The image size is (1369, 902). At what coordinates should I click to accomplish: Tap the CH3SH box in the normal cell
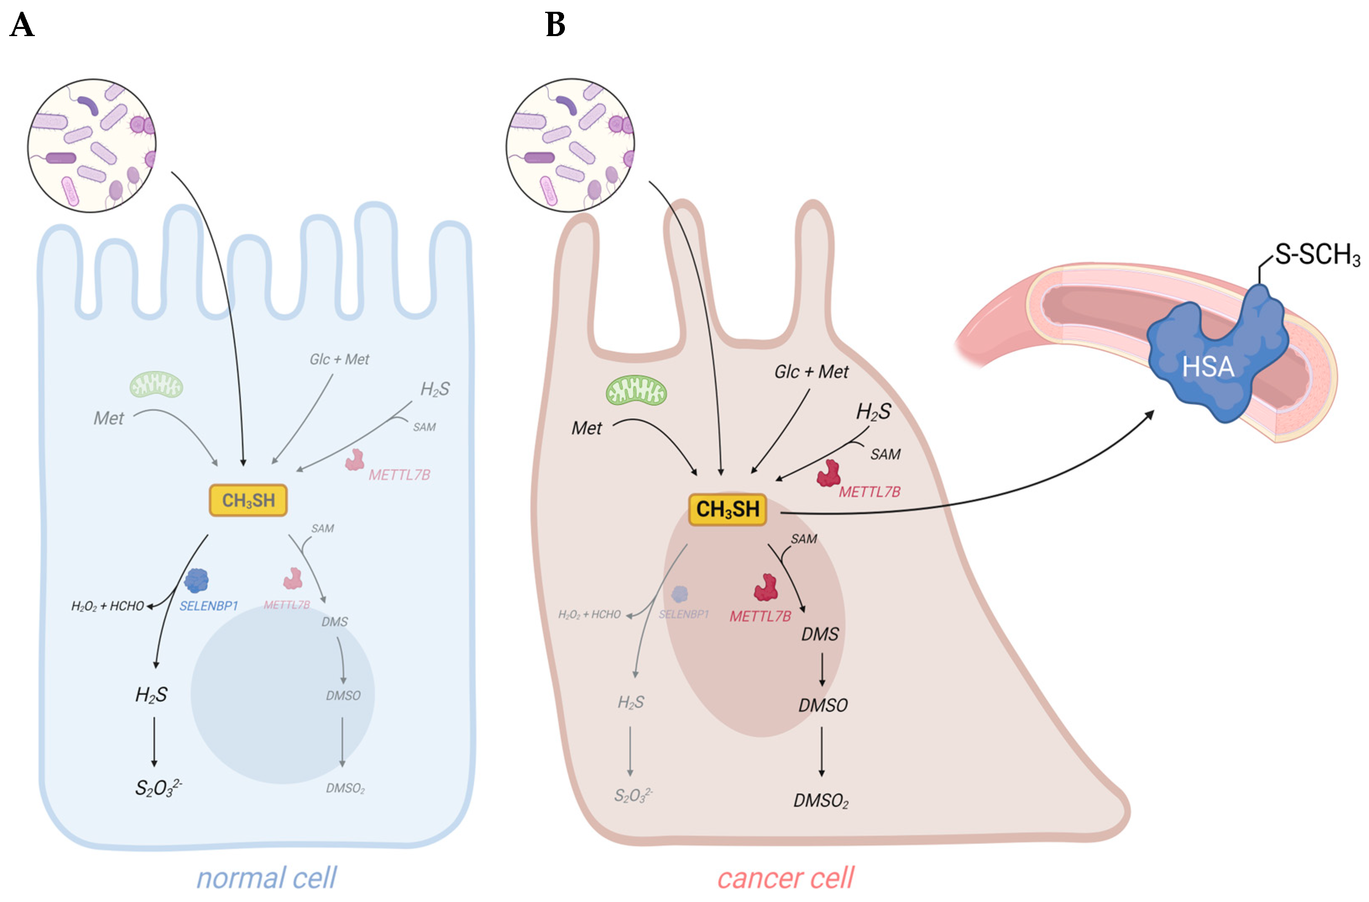pos(248,500)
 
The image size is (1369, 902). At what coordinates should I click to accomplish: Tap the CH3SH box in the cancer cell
pos(728,509)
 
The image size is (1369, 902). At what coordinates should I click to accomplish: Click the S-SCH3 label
pos(1317,254)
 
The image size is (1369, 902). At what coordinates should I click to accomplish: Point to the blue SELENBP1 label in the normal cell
pos(208,606)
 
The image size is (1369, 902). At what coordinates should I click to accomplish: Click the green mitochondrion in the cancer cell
pos(636,391)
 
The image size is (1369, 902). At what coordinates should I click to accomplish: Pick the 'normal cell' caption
pos(266,878)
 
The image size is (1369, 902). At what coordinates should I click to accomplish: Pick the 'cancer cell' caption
pos(785,878)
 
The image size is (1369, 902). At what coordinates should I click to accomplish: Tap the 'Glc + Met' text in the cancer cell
pos(811,372)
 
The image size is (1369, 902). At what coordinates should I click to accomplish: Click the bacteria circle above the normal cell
pos(92,146)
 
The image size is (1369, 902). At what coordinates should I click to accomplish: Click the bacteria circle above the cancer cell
pos(570,146)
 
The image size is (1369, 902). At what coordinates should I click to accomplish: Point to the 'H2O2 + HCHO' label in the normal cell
pos(107,606)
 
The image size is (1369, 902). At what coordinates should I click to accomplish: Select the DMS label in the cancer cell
pos(820,635)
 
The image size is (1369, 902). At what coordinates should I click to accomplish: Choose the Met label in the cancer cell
pos(586,428)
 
